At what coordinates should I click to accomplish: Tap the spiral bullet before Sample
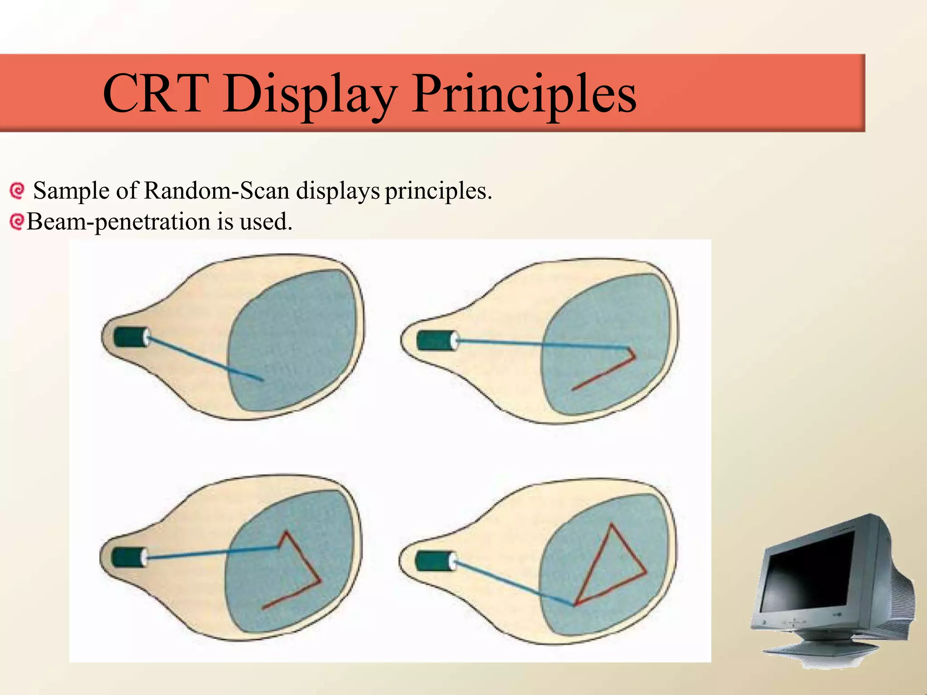tap(17, 191)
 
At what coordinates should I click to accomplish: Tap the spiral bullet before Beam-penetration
tap(17, 222)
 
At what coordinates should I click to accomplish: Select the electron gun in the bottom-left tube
tap(129, 557)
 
